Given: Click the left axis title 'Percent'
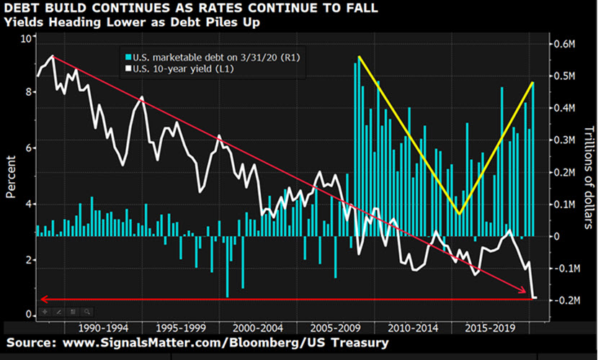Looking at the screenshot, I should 11,176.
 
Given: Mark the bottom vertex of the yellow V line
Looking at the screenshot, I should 459,213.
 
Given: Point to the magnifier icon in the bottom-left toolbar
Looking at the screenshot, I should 86,312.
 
